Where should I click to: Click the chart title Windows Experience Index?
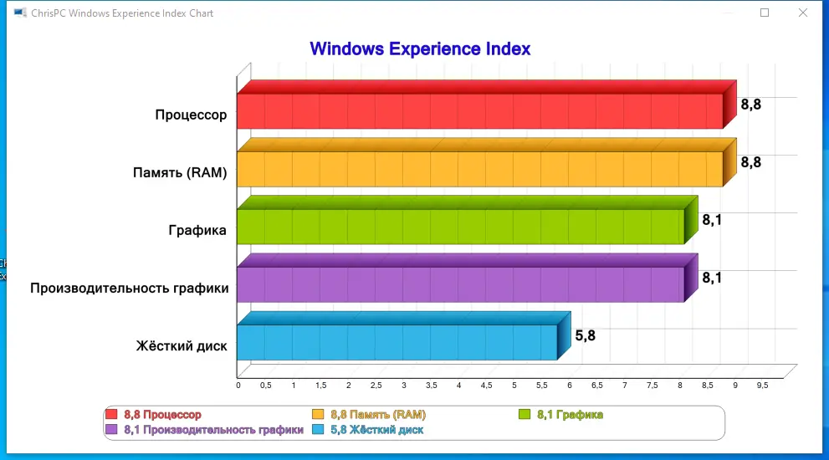pos(420,49)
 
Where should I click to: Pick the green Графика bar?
pos(460,227)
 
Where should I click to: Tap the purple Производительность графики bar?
pos(460,284)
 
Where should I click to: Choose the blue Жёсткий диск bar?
pos(397,342)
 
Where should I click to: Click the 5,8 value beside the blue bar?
pos(586,336)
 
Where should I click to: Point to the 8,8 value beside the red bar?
pos(751,105)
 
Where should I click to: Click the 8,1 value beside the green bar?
pos(712,220)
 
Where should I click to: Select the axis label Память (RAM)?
pos(180,173)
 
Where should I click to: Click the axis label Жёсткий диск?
pos(181,346)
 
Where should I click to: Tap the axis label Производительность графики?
pos(129,289)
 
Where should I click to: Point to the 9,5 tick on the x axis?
pos(762,386)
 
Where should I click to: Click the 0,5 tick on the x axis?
pos(265,386)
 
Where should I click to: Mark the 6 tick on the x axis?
pos(569,386)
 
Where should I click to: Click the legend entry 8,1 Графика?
pos(570,414)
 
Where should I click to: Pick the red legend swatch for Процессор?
pos(111,414)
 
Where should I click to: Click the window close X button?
pos(802,13)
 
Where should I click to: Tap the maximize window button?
pos(764,13)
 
